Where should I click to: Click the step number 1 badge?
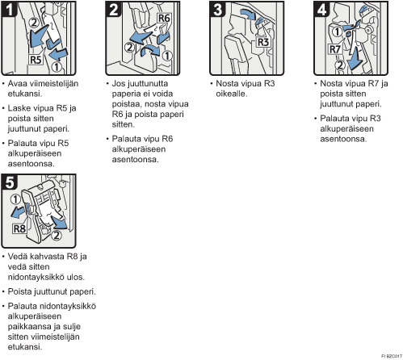9,9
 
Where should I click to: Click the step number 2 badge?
113,9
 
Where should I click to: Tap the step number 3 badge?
217,9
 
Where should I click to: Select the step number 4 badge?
321,9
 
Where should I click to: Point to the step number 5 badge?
9,182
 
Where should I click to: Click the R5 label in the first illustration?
36,60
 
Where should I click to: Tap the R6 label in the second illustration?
164,19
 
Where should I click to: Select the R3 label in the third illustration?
263,42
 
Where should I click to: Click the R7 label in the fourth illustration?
335,49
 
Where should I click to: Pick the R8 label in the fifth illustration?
19,229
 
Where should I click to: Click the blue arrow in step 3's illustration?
247,14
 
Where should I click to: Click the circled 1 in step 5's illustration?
15,199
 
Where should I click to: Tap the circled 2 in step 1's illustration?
34,23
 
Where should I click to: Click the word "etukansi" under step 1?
24,94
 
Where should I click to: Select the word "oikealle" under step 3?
231,94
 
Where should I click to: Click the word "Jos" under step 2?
119,84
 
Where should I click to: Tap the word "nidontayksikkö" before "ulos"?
36,277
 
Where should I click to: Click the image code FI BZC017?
392,356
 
